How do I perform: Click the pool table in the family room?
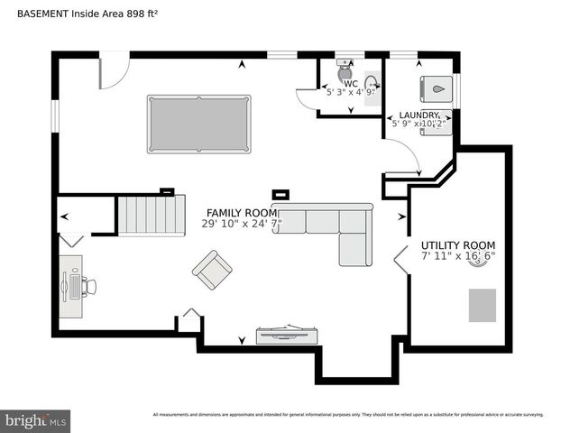tap(198, 124)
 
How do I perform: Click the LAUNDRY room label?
tap(419, 115)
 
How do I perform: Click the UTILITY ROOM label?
tap(457, 245)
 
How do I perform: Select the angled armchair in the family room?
tap(212, 270)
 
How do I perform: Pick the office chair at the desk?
tap(88, 286)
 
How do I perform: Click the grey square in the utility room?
tap(481, 305)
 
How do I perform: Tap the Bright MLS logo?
tap(35, 420)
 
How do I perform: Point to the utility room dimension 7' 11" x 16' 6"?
tap(458, 256)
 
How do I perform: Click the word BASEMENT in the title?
tap(32, 11)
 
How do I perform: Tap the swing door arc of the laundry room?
tap(408, 156)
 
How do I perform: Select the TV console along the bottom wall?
tap(285, 335)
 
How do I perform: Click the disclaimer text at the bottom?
tap(347, 415)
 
